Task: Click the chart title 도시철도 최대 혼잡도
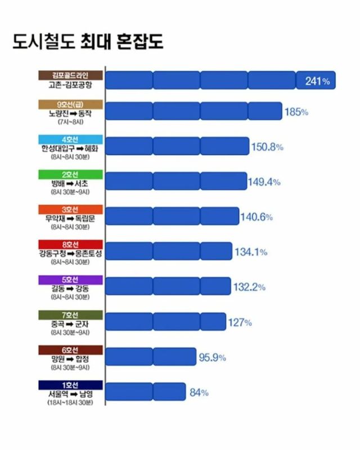[88, 42]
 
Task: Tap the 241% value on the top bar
[317, 81]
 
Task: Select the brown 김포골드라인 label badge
[70, 75]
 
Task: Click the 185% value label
[296, 112]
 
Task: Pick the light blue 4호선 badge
[70, 139]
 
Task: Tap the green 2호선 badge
[70, 174]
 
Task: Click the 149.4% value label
[264, 182]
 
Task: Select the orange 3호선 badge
[70, 209]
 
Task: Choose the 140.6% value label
[256, 217]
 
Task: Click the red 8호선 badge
[70, 244]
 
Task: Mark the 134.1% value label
[250, 252]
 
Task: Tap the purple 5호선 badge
[70, 280]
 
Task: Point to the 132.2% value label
[249, 287]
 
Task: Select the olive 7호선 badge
[70, 314]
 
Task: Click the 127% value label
[240, 322]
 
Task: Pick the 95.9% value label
[213, 357]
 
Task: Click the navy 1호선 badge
[70, 385]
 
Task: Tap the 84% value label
[199, 393]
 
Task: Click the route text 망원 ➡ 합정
[70, 358]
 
